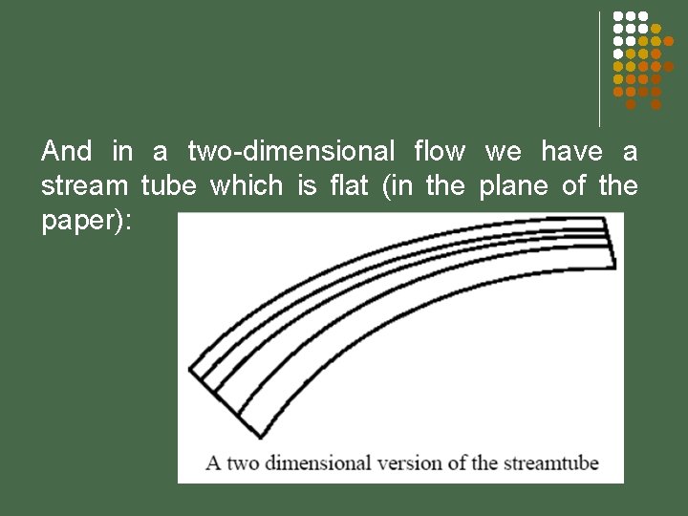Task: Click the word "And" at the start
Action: coord(67,151)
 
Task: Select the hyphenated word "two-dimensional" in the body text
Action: coord(290,151)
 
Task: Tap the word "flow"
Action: coord(440,151)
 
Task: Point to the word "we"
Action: coord(504,151)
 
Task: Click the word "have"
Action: coord(571,151)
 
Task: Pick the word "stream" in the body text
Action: coord(84,185)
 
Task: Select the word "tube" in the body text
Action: coord(168,185)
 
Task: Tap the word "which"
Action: coord(247,185)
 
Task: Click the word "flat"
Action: coord(348,185)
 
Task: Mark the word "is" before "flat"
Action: coord(307,185)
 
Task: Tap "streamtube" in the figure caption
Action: coord(548,463)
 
